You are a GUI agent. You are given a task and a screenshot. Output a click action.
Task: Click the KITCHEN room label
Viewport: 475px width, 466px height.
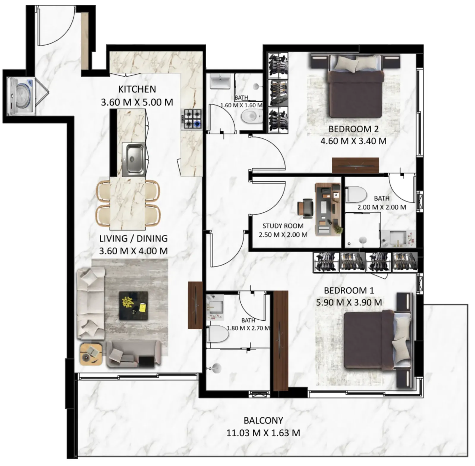tap(137, 89)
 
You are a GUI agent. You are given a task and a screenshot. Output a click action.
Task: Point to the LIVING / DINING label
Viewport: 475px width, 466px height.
tap(133, 239)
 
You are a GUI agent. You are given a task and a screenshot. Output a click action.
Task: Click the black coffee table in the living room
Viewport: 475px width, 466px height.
tap(134, 305)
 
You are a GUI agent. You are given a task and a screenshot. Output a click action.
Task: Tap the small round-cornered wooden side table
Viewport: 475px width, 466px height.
tap(91, 354)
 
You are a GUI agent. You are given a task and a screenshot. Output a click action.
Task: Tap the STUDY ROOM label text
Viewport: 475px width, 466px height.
tap(283, 226)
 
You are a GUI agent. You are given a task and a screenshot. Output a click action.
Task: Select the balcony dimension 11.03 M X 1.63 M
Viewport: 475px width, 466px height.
tap(263, 433)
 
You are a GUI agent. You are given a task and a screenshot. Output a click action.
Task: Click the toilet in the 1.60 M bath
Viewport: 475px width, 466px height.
tap(251, 116)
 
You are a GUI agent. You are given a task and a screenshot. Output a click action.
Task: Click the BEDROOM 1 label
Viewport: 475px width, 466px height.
tap(349, 290)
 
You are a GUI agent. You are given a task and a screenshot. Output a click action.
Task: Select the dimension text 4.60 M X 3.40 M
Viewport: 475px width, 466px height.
tap(353, 141)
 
